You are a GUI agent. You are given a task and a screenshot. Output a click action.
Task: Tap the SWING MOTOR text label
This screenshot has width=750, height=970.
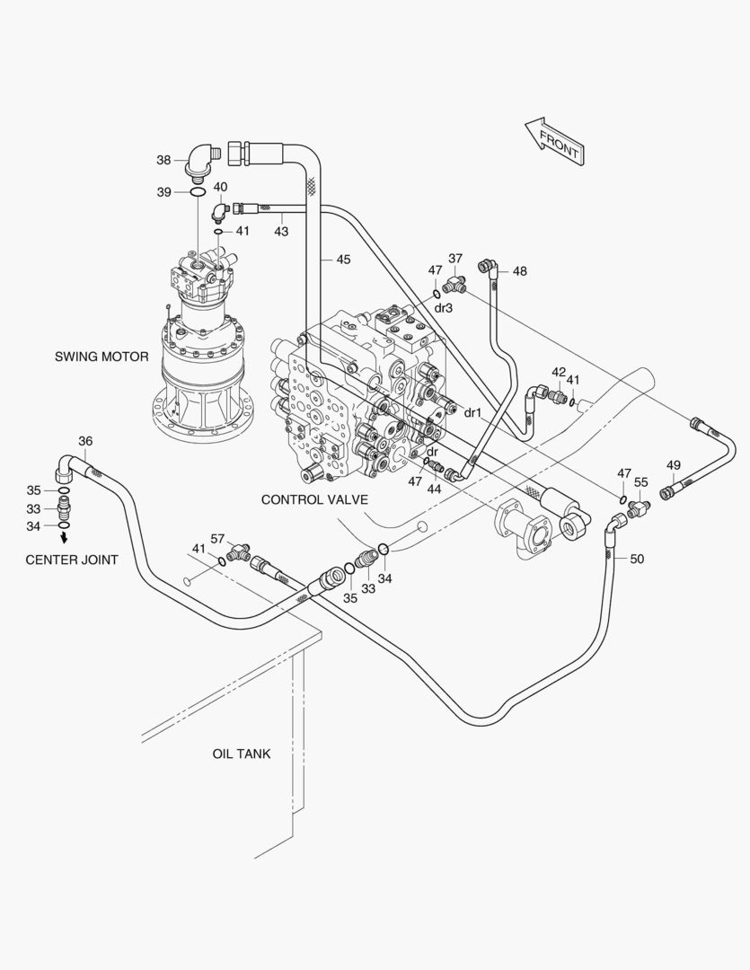click(x=101, y=357)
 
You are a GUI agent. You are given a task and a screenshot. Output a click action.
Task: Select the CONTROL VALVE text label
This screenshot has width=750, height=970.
click(x=314, y=498)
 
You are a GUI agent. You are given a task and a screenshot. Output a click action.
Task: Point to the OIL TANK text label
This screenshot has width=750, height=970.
click(x=241, y=754)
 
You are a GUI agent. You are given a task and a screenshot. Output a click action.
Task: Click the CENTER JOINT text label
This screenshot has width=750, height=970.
click(x=71, y=560)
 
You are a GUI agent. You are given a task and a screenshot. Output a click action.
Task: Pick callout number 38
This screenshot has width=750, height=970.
click(x=163, y=161)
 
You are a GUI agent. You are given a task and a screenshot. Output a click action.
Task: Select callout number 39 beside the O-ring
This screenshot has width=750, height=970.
click(x=163, y=192)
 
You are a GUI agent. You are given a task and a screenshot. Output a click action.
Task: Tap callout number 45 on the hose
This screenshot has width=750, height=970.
click(x=343, y=260)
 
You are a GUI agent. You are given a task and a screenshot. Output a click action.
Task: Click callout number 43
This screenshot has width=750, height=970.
click(x=281, y=232)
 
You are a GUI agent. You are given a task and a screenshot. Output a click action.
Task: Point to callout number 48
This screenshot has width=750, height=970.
click(x=520, y=270)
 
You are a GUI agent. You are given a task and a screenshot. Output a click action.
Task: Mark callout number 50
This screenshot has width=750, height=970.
click(x=637, y=559)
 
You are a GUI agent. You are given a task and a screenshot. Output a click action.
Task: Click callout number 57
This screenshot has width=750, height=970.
click(x=217, y=538)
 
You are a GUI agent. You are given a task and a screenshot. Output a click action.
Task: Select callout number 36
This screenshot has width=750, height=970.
click(x=85, y=441)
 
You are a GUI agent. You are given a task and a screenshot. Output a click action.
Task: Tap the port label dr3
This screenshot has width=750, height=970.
click(x=443, y=307)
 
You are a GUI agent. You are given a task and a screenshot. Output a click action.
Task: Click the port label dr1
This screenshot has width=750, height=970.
click(x=473, y=412)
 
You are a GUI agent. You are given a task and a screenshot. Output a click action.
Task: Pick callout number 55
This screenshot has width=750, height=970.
click(x=641, y=482)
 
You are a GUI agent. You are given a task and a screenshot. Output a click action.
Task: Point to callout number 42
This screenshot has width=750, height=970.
click(x=559, y=372)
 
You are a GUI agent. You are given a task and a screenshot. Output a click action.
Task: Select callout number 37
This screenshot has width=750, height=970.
click(x=455, y=259)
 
